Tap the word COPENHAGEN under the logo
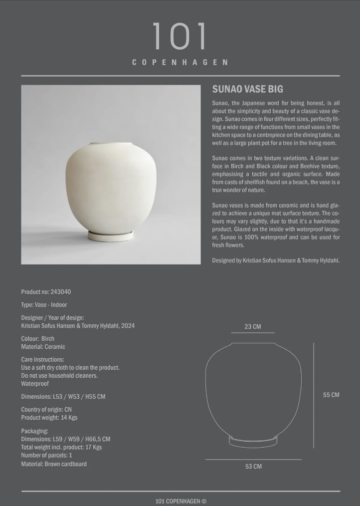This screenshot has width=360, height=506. pyautogui.click(x=180, y=62)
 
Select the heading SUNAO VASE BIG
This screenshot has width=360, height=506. pyautogui.click(x=248, y=89)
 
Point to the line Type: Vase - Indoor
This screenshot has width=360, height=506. pyautogui.click(x=44, y=305)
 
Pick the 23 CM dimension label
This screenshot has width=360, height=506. pyautogui.click(x=253, y=327)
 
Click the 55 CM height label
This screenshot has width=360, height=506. pyautogui.click(x=331, y=395)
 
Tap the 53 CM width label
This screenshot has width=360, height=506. pyautogui.click(x=253, y=467)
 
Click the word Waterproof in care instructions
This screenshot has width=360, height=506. pyautogui.click(x=35, y=384)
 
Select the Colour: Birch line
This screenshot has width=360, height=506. pyautogui.click(x=38, y=339)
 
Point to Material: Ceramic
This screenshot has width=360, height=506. pyautogui.click(x=43, y=347)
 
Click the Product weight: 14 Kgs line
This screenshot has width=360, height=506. pyautogui.click(x=49, y=418)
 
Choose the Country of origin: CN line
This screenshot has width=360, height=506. pyautogui.click(x=46, y=410)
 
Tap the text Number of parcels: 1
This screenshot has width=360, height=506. pyautogui.click(x=46, y=456)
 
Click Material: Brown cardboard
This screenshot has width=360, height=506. pyautogui.click(x=54, y=464)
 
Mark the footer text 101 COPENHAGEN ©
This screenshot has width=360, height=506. pyautogui.click(x=180, y=501)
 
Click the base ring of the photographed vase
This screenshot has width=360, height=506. pyautogui.click(x=111, y=236)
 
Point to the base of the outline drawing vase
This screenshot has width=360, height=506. pyautogui.click(x=253, y=441)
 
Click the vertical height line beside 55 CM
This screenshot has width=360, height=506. pyautogui.click(x=314, y=395)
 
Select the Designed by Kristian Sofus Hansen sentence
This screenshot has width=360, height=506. pyautogui.click(x=276, y=260)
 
